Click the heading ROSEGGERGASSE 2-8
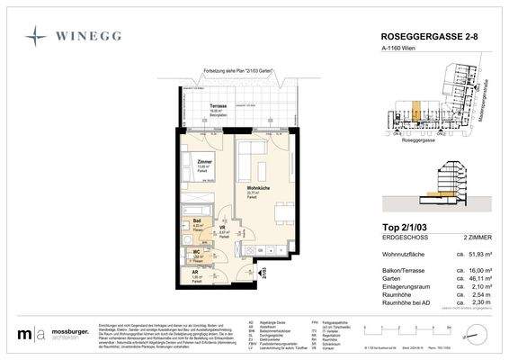click(x=417, y=37)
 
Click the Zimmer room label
click(x=203, y=162)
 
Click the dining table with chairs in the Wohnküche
click(x=284, y=214)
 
